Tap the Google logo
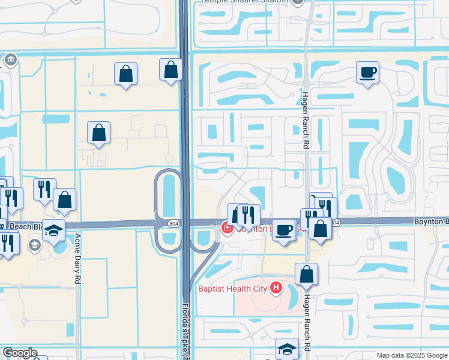(x=19, y=353)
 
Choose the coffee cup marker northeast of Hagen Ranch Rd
(x=367, y=73)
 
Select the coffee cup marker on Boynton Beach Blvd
(x=285, y=229)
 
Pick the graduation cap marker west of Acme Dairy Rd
(x=53, y=230)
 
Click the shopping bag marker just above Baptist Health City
(x=306, y=274)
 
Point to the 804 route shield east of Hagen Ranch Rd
(x=335, y=223)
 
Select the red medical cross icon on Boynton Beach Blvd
(x=227, y=227)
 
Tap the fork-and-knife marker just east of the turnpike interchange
(x=247, y=214)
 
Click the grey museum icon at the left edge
(x=11, y=60)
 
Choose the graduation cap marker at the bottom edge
(x=287, y=349)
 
